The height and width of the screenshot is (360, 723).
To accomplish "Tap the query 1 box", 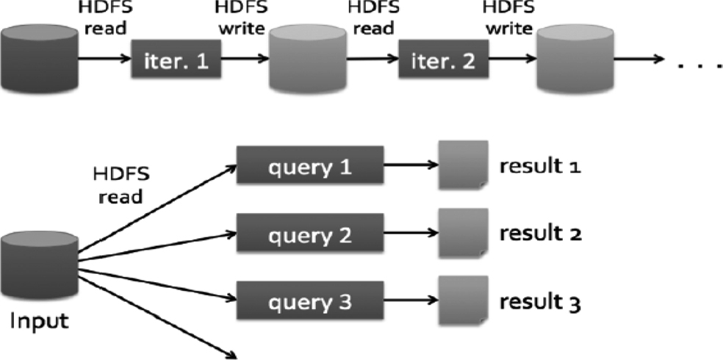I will tap(309, 167).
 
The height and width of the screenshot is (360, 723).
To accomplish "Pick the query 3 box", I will tap(309, 301).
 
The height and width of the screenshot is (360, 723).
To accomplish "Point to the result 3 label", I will tap(541, 301).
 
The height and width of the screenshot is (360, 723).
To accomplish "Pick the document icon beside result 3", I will tap(461, 300).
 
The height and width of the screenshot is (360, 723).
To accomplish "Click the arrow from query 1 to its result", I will tap(409, 167).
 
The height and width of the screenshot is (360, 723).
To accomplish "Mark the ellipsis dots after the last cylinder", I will tap(699, 67).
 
